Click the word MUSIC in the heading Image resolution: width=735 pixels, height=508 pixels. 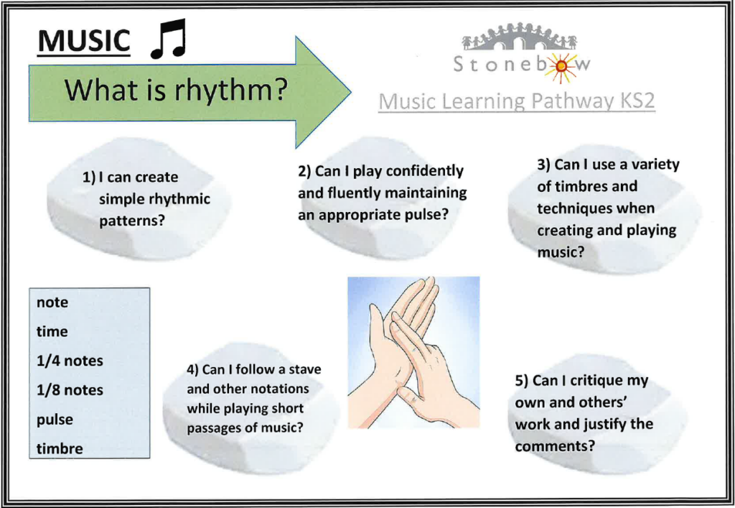[x=84, y=40]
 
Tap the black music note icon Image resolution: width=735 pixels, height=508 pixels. [x=169, y=39]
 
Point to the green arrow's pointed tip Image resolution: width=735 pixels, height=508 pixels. [x=350, y=92]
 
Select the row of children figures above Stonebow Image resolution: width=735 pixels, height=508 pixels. [x=520, y=37]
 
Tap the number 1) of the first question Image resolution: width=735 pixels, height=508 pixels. [x=89, y=177]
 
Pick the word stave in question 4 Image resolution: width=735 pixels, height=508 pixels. [x=304, y=369]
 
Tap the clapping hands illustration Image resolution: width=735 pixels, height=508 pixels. [x=413, y=352]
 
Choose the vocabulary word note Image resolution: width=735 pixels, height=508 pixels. [x=52, y=303]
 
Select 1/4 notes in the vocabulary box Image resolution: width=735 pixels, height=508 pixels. [x=70, y=361]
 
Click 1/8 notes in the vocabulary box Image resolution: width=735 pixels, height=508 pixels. [x=70, y=389]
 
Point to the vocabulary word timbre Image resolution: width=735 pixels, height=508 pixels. [x=60, y=448]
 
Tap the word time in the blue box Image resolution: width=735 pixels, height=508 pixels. [x=52, y=332]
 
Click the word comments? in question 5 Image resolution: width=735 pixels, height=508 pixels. [x=555, y=445]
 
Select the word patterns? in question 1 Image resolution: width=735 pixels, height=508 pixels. [x=132, y=221]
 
